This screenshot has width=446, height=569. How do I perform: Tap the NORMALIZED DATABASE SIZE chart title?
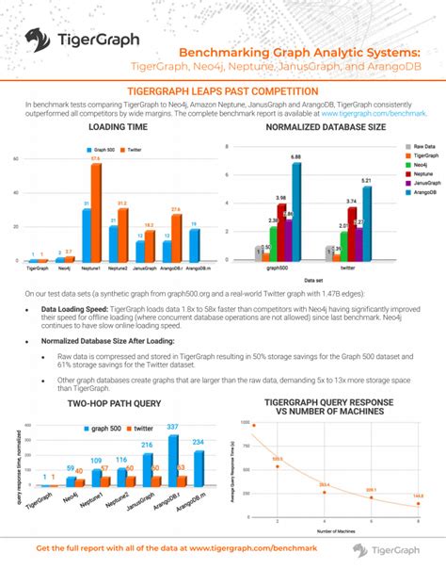click(325, 126)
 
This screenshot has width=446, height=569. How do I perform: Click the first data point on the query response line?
click(254, 425)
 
